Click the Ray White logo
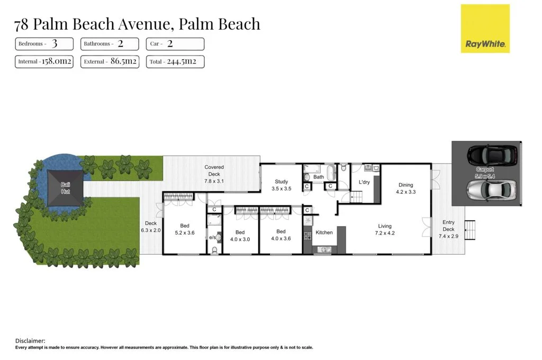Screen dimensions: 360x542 pos(485,29)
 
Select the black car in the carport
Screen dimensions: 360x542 pos(492,155)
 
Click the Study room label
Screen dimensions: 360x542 pos(282,185)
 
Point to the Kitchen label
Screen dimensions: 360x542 pos(324,232)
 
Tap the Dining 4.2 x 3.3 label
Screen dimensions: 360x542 pos(406,188)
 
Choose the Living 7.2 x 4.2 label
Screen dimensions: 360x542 pos(384,230)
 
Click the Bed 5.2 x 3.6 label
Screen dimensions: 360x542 pos(185,229)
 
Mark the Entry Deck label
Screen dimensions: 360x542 pos(448,229)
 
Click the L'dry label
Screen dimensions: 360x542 pos(364,182)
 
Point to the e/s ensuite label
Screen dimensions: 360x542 pos(213,238)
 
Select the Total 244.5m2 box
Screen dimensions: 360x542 pos(175,62)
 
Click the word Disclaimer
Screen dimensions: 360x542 pos(30,341)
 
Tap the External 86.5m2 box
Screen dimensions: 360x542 pos(110,62)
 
